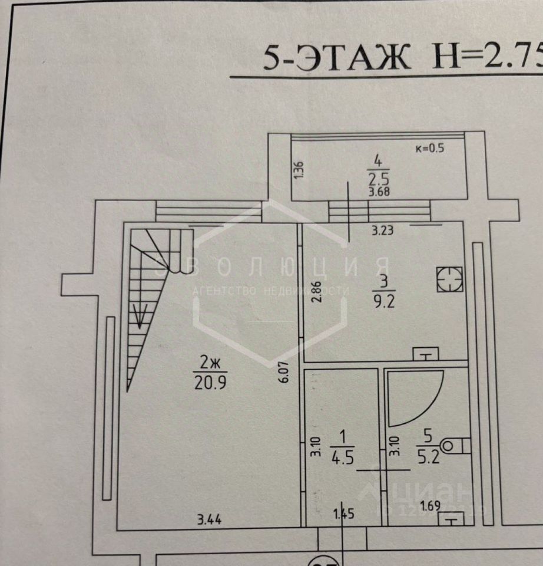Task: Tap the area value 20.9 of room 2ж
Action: point(210,383)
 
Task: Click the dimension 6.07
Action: point(285,373)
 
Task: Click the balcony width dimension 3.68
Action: point(379,192)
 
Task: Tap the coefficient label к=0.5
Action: point(430,148)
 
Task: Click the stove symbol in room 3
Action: point(450,279)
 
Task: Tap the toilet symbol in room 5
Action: point(454,446)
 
